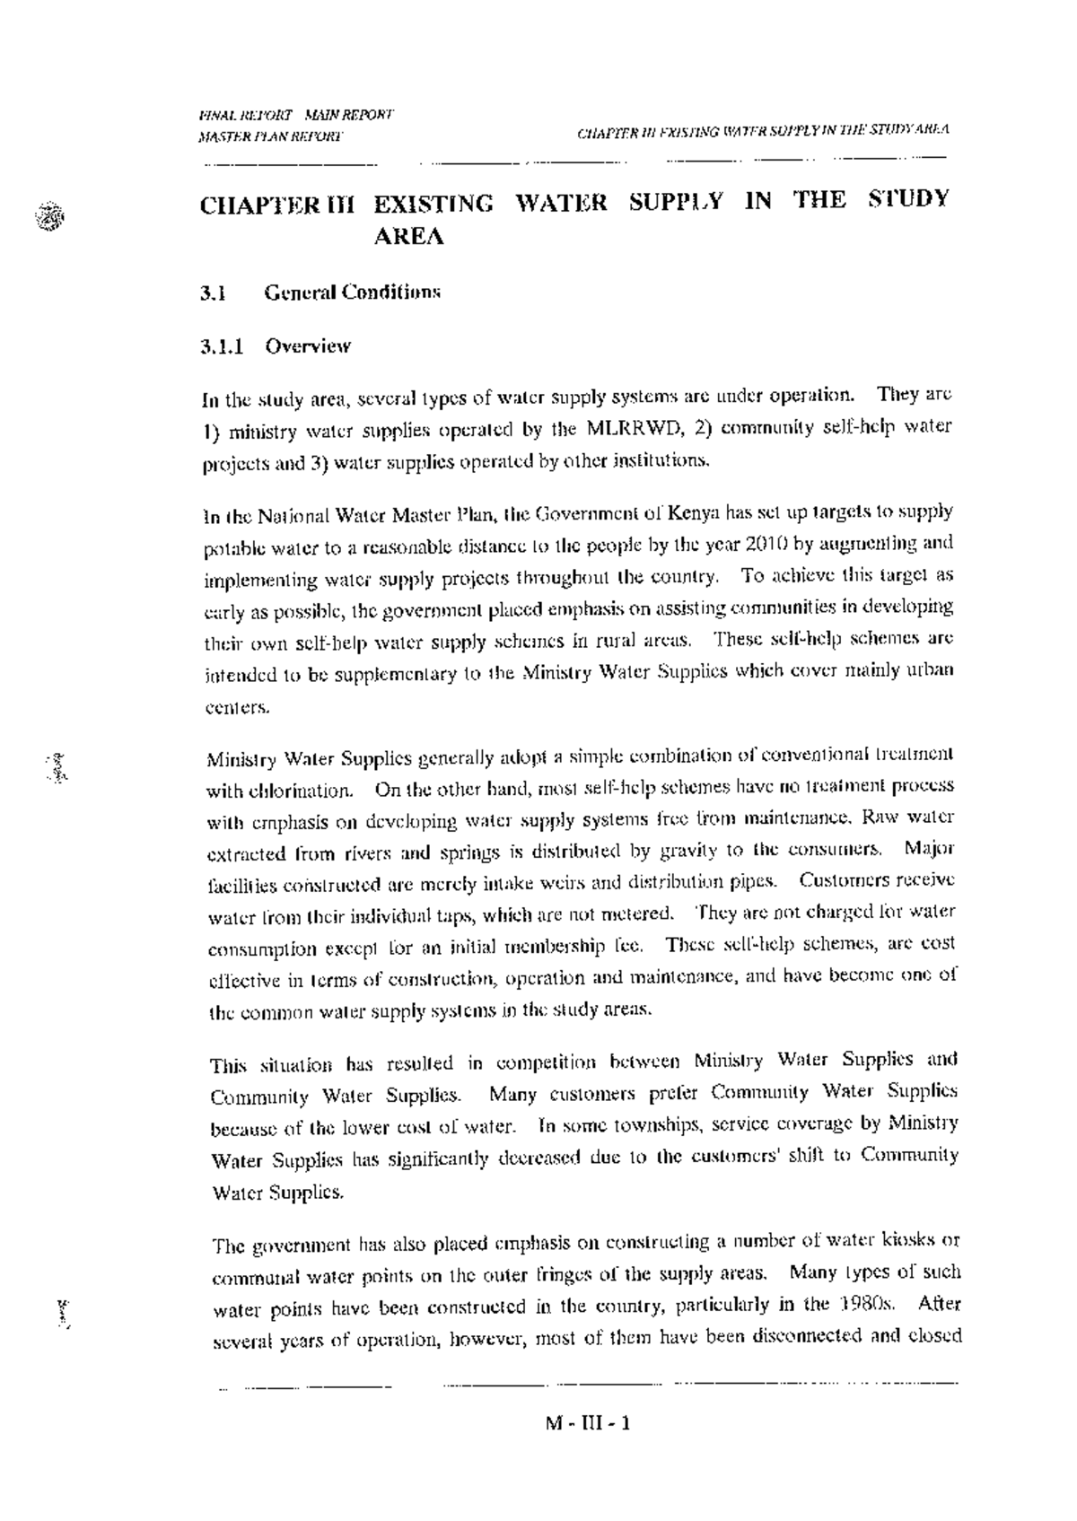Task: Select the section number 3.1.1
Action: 223,346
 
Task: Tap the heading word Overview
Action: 307,346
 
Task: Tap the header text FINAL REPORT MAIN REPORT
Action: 295,116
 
